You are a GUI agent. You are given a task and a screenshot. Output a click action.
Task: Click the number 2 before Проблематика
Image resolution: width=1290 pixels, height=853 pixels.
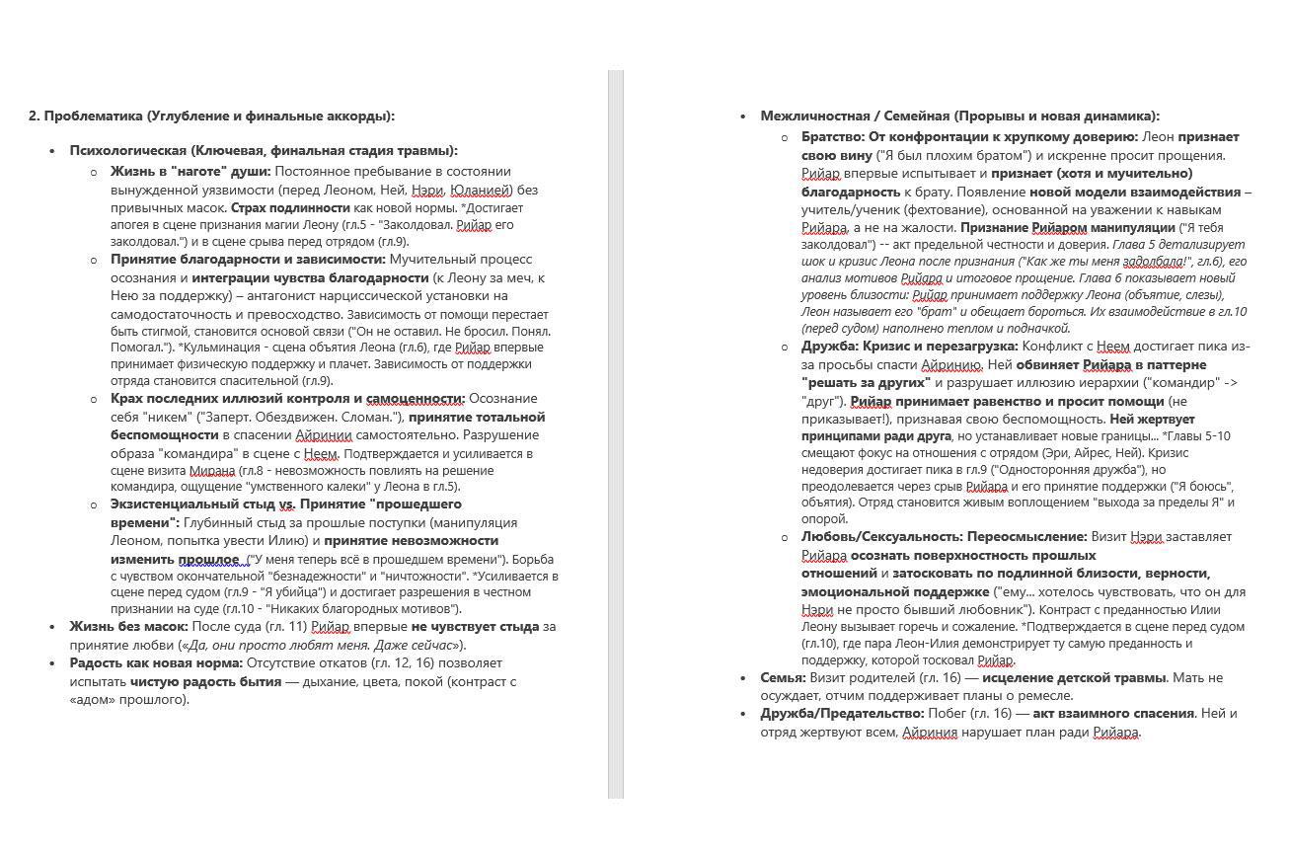click(34, 116)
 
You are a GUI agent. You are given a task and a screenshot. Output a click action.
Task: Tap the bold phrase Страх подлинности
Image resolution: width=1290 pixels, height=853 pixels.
click(290, 207)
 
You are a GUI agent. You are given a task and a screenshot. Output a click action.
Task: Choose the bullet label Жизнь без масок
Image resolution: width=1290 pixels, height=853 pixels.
click(128, 626)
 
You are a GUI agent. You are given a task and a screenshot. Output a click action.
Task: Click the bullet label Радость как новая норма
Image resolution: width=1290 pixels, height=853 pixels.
click(156, 662)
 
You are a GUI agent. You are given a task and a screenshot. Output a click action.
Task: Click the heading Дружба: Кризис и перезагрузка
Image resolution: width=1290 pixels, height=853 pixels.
click(909, 347)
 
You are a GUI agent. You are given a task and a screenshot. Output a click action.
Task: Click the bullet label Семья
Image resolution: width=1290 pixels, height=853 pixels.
click(783, 677)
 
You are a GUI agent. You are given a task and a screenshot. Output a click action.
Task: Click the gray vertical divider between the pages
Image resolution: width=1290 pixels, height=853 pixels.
click(616, 434)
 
